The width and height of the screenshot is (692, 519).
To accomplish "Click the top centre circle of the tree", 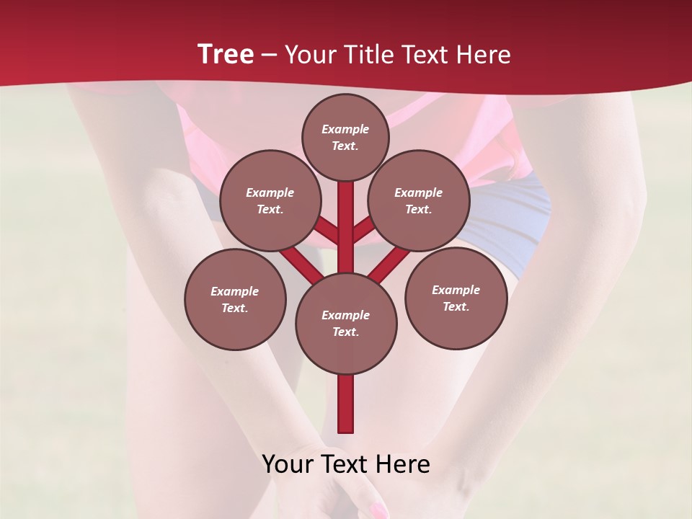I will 345,137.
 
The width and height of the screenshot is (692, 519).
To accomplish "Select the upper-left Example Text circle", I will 270,200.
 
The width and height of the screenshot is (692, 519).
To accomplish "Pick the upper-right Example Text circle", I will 419,200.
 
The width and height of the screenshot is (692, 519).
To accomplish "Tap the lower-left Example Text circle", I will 235,299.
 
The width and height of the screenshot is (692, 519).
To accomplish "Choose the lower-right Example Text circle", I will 456,298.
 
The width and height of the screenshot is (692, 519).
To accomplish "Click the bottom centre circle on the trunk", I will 346,323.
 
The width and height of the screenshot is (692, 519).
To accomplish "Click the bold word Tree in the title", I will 226,54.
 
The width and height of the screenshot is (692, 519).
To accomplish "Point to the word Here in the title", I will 483,55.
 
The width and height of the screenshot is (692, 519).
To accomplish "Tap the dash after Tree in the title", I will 269,56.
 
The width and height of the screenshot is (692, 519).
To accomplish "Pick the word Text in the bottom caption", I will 346,464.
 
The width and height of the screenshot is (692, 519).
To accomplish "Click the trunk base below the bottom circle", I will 346,404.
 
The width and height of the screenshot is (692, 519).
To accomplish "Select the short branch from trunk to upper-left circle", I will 328,232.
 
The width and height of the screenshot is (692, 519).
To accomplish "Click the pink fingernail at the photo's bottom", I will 377,511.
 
